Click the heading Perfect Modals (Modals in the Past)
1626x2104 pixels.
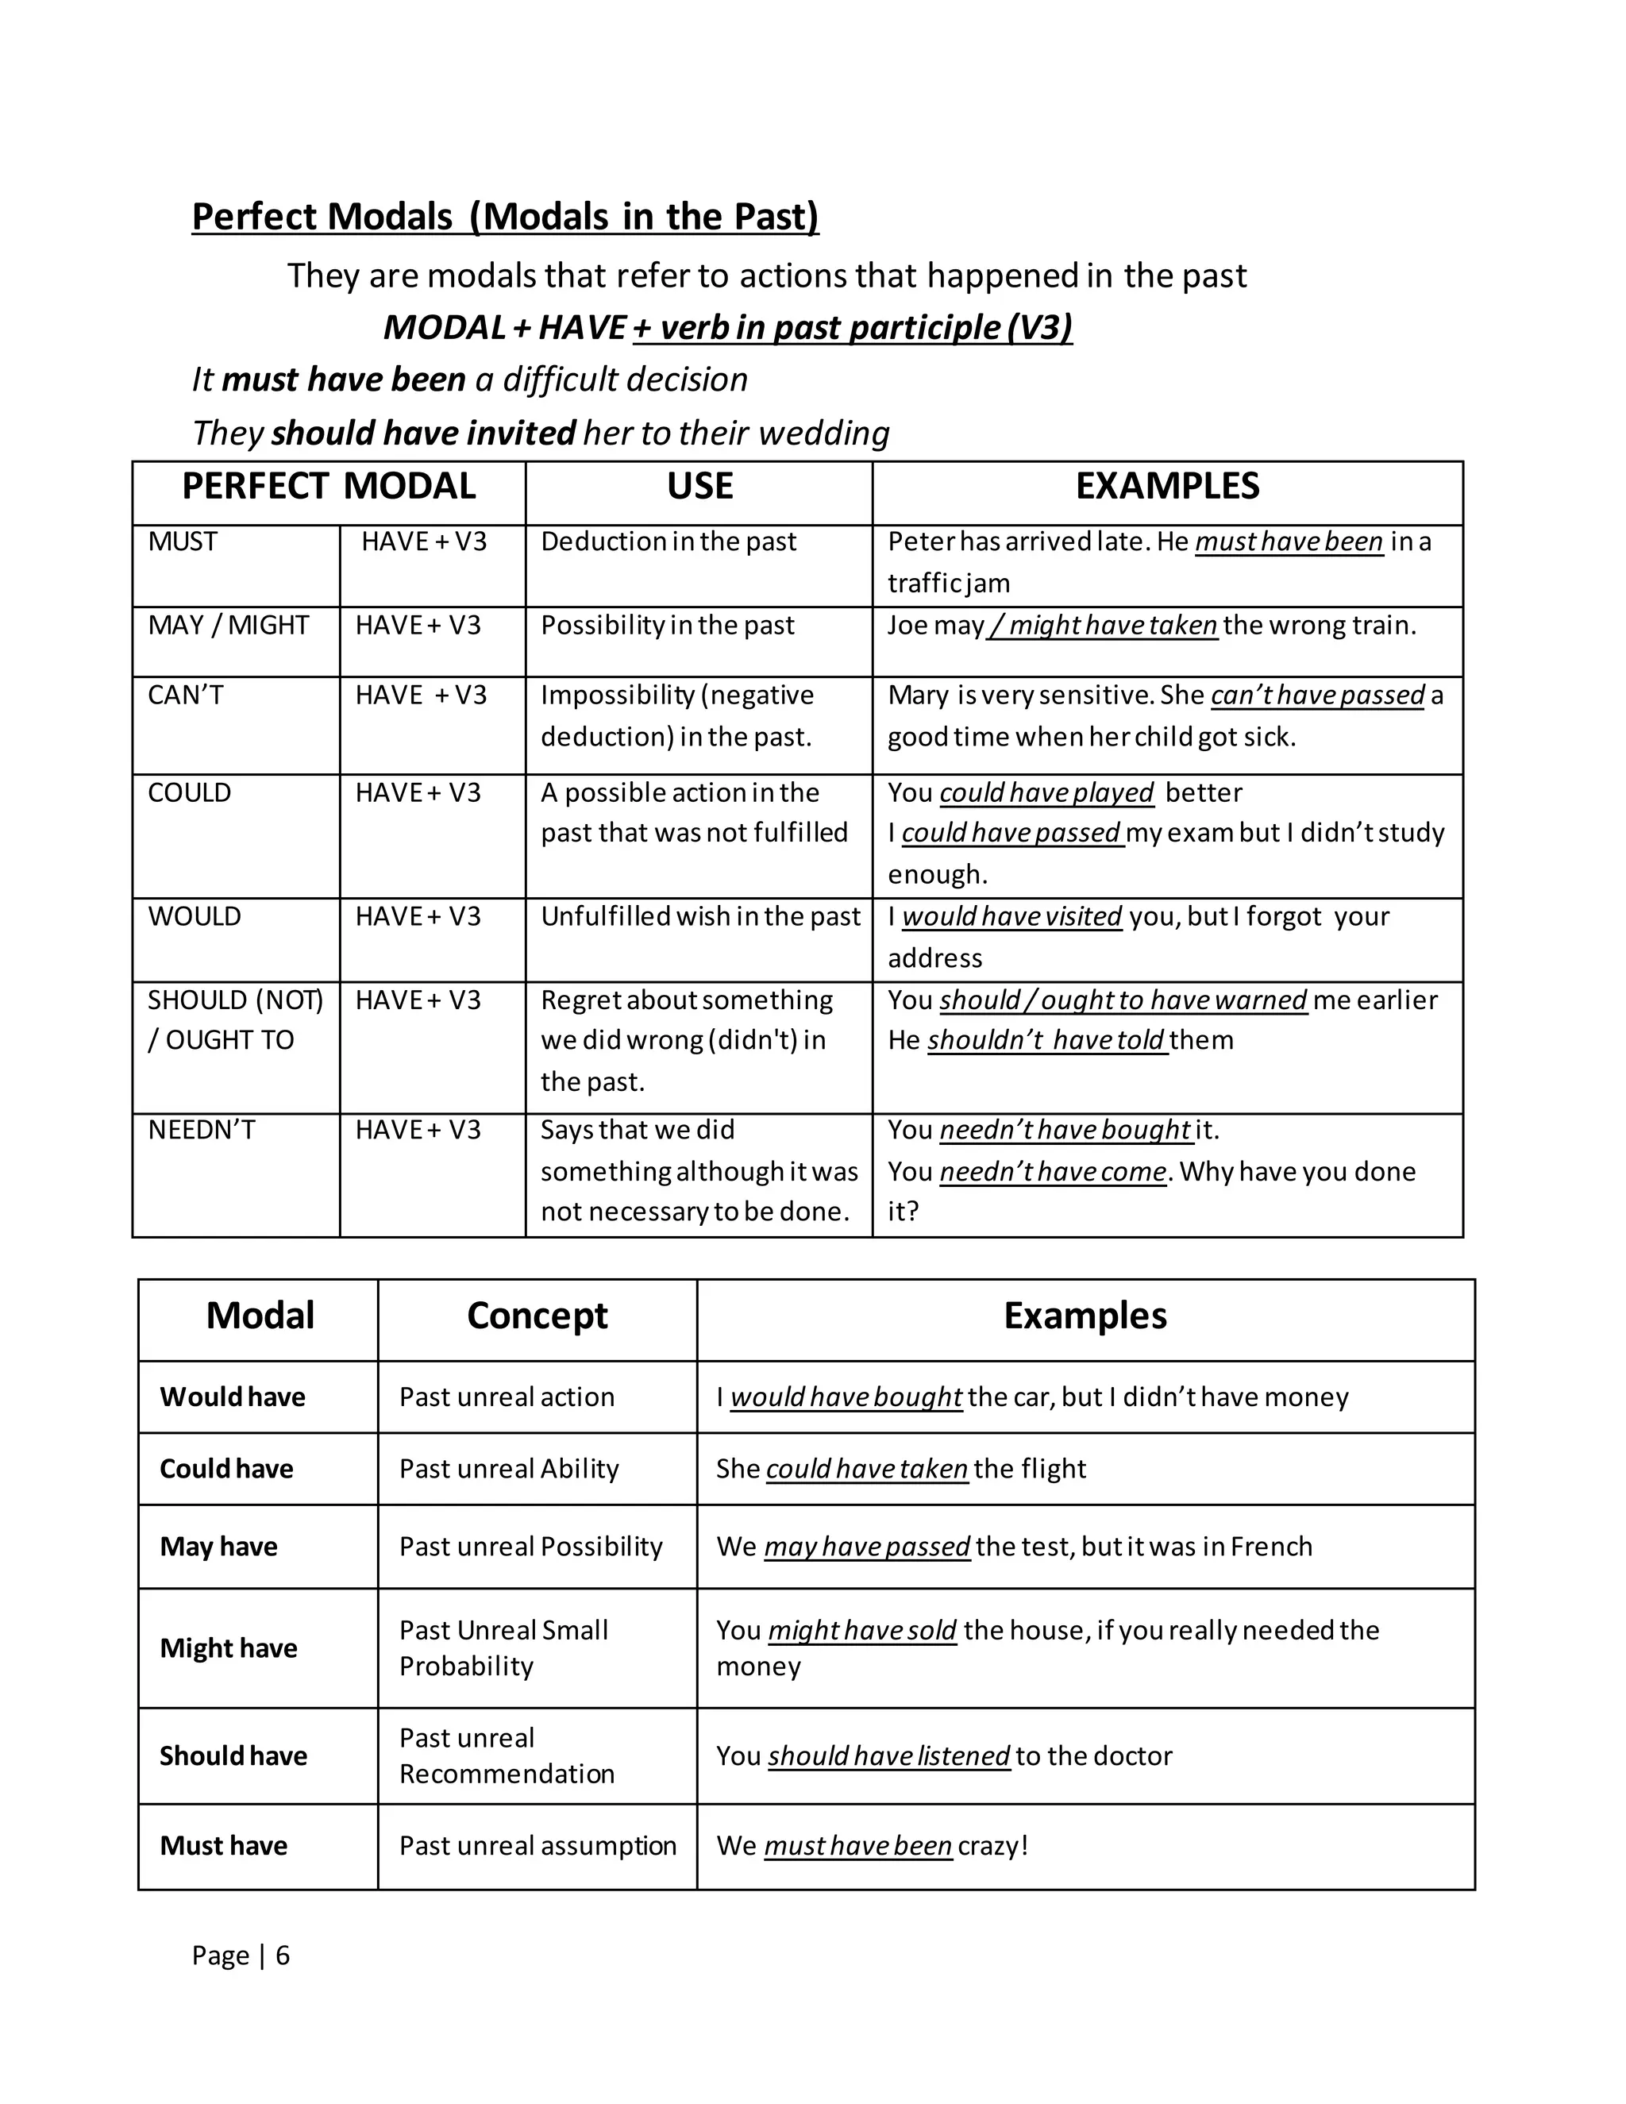pyautogui.click(x=505, y=217)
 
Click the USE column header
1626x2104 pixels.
pyautogui.click(x=699, y=487)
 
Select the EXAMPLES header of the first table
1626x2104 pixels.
pyautogui.click(x=1166, y=487)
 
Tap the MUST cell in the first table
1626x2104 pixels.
pyautogui.click(x=183, y=541)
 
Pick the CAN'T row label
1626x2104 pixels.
pyautogui.click(x=185, y=695)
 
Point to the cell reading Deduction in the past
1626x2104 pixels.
pyautogui.click(x=669, y=541)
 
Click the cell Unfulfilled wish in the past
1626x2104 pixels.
pyautogui.click(x=700, y=916)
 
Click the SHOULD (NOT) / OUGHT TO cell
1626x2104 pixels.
pyautogui.click(x=235, y=1019)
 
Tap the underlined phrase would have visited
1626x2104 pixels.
pyautogui.click(x=1011, y=916)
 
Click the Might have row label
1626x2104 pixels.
pyautogui.click(x=229, y=1648)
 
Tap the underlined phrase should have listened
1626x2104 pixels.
pyautogui.click(x=888, y=1756)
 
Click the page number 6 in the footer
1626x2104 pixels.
pyautogui.click(x=282, y=1956)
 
